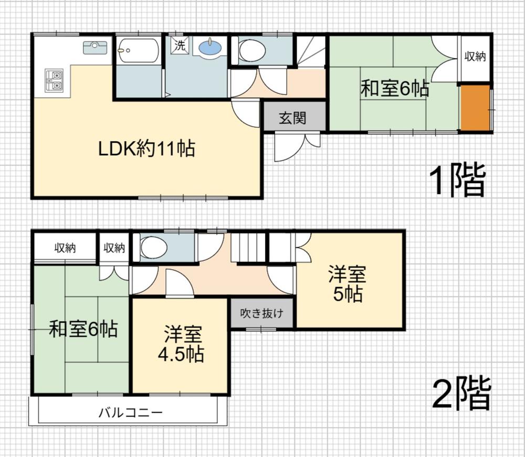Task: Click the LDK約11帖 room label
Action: tap(146, 148)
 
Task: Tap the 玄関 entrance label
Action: tap(292, 118)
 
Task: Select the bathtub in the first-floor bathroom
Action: tap(139, 50)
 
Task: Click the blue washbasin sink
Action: tap(210, 48)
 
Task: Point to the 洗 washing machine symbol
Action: tap(180, 45)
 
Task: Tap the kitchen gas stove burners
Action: tap(54, 81)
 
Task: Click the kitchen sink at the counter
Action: tap(95, 47)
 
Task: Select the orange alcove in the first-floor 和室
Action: tap(475, 108)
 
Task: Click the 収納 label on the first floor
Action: tap(475, 57)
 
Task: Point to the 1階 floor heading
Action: tap(457, 179)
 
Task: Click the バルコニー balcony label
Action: tap(131, 412)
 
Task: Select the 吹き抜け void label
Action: tap(262, 313)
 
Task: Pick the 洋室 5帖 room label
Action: tap(348, 284)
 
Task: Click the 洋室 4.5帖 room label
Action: tap(181, 343)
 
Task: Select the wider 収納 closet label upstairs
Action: tap(65, 248)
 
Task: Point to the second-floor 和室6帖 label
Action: tap(83, 328)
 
